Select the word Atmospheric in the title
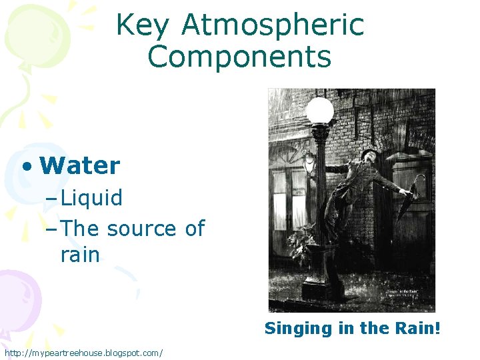[x=273, y=26]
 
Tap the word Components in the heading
[x=240, y=57]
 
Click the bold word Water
[x=80, y=165]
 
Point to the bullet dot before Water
[x=26, y=166]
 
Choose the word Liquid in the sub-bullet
[x=91, y=197]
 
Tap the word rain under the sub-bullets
[x=80, y=255]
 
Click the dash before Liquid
[x=53, y=198]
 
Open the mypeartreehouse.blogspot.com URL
[x=83, y=352]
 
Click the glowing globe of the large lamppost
[x=320, y=111]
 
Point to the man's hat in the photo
[x=367, y=154]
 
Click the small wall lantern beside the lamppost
[x=309, y=162]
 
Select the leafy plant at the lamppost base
[x=303, y=240]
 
